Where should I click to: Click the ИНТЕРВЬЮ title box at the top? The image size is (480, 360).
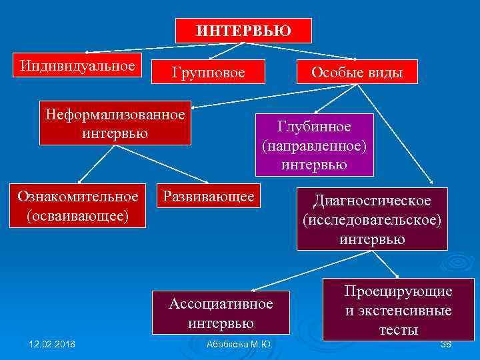(x=243, y=30)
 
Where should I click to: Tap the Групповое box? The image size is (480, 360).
(x=209, y=71)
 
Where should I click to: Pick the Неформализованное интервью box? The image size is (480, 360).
(x=115, y=123)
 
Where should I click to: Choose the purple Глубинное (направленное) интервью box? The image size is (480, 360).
(x=315, y=145)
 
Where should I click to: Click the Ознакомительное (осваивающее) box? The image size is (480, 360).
(x=79, y=206)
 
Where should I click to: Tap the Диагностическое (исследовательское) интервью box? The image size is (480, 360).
(x=373, y=219)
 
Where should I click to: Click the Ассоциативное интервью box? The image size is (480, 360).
(x=221, y=313)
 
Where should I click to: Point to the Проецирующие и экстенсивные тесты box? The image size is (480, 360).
(x=398, y=310)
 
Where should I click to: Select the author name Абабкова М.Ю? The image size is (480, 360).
(x=239, y=344)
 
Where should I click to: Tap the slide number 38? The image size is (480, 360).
(x=446, y=344)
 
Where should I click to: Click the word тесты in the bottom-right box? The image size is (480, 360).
(x=399, y=330)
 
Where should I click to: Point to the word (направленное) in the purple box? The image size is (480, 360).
(x=315, y=145)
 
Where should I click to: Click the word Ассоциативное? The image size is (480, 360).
(x=221, y=304)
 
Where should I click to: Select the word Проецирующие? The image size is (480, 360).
(x=398, y=291)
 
